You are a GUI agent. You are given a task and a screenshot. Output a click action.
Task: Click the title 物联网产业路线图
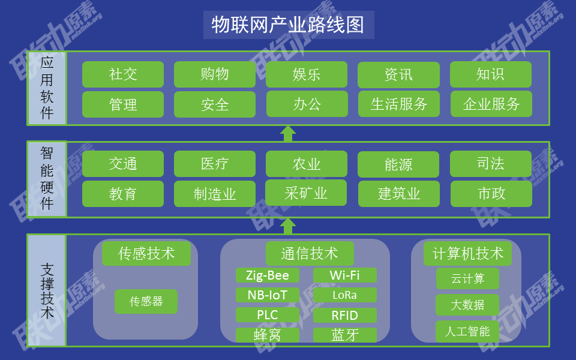[x=289, y=25]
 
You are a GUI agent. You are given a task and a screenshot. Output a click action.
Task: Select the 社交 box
[x=123, y=74]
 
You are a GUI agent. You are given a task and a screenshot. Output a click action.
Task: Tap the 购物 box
[x=215, y=74]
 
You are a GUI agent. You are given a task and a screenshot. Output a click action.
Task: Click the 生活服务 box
[x=399, y=104]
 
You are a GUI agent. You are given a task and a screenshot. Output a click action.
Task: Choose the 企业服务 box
[x=491, y=104]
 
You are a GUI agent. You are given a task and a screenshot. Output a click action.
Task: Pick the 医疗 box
[x=215, y=164]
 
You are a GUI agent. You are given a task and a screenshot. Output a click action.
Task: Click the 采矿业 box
[x=306, y=193]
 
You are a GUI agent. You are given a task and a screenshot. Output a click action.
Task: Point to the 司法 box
[x=491, y=164]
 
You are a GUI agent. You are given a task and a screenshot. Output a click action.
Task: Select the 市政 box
[x=491, y=194]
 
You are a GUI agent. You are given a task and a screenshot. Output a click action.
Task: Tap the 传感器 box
[x=146, y=302]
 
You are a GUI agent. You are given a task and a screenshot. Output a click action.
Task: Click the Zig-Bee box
[x=268, y=275]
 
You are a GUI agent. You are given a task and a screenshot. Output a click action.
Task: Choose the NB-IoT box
[x=268, y=295]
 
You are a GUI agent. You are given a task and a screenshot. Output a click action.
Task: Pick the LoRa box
[x=345, y=295]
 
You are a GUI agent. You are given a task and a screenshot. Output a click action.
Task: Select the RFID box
[x=345, y=315]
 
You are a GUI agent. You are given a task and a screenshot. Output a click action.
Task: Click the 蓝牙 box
[x=345, y=335]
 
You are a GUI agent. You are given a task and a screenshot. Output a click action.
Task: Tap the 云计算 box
[x=467, y=278]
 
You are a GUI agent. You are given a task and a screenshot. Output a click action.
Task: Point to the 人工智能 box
[x=467, y=331]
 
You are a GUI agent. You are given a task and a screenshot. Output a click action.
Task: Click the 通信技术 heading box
[x=310, y=253]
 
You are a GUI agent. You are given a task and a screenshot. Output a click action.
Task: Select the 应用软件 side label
[x=47, y=88]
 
